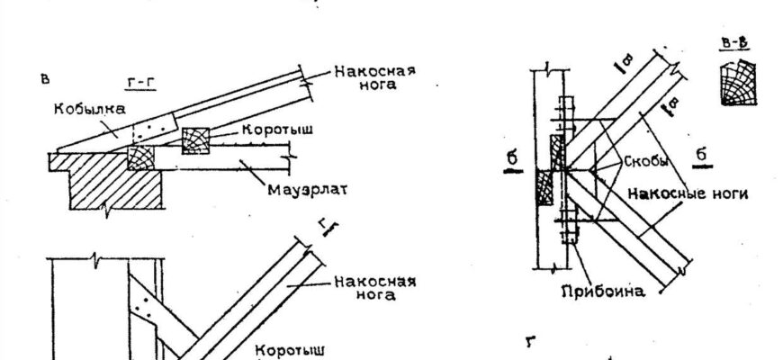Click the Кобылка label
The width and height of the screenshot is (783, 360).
click(87, 107)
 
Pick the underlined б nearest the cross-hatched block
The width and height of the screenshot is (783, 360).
click(511, 159)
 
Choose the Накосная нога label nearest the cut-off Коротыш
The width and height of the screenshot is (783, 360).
click(374, 286)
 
